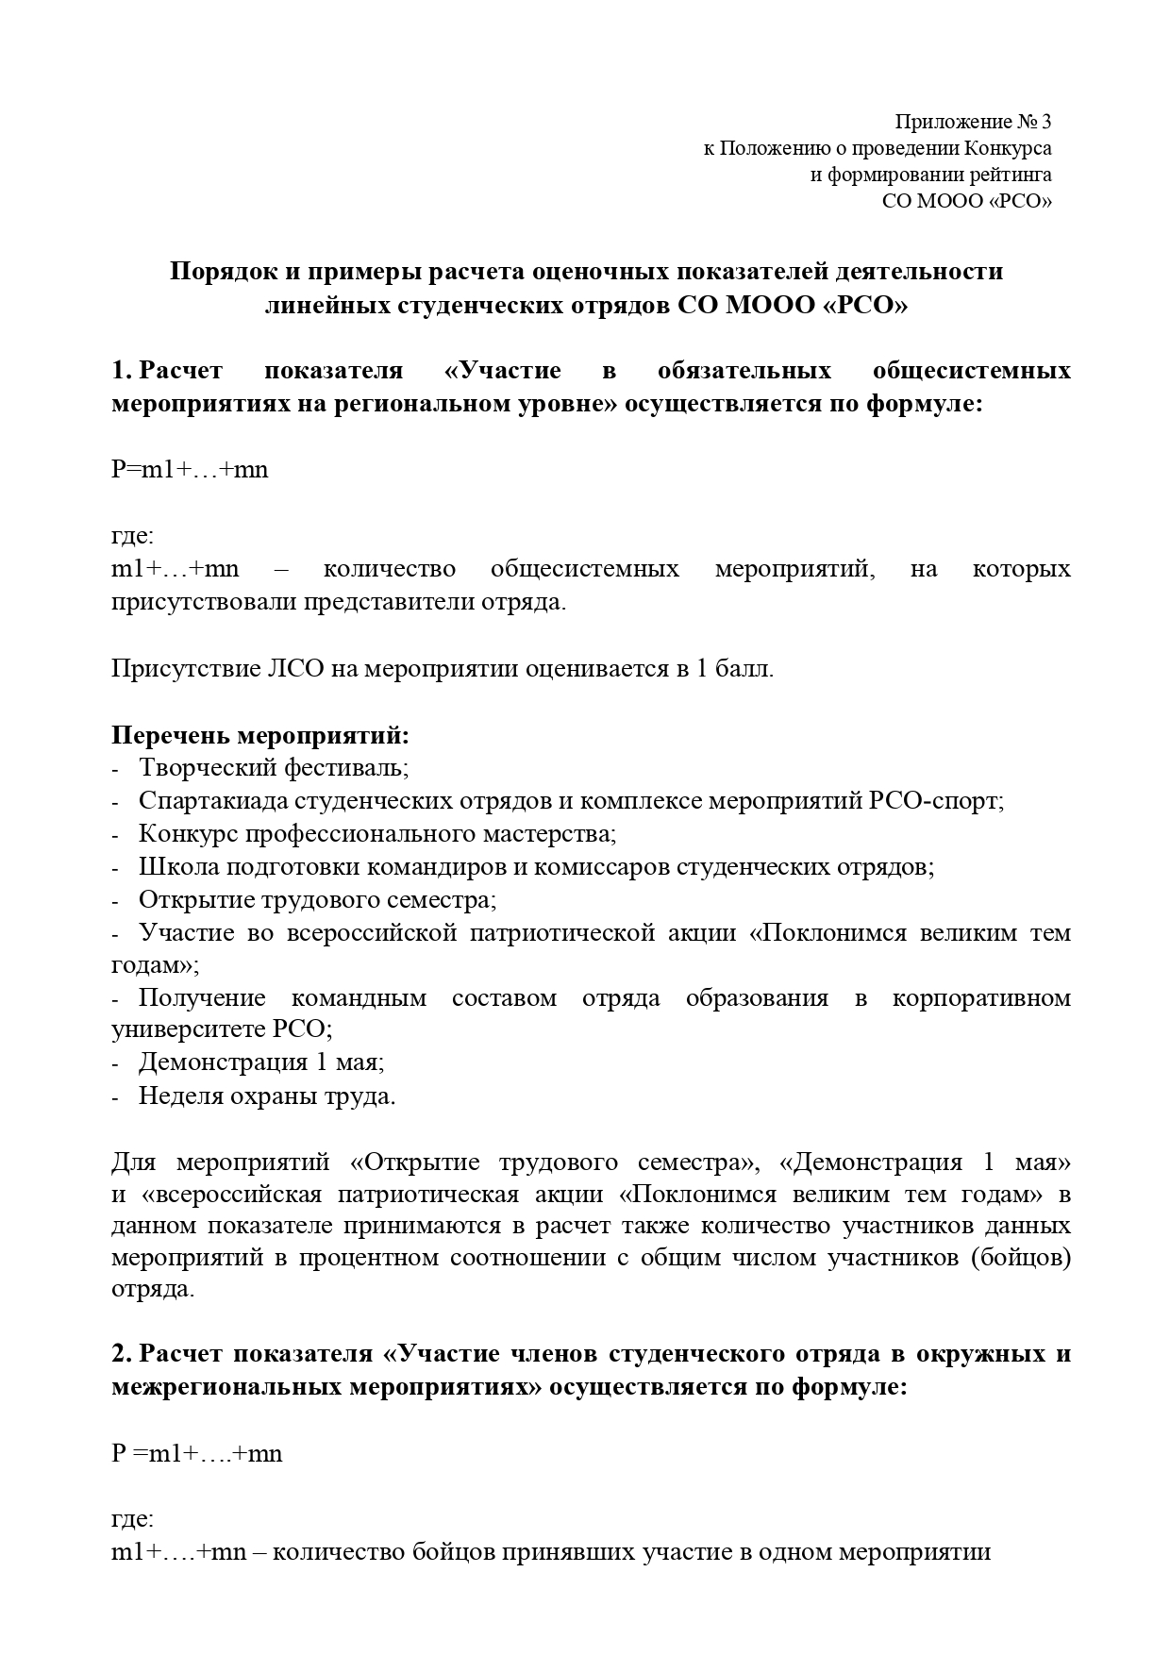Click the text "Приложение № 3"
[x=972, y=122]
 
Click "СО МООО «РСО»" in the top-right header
[x=966, y=201]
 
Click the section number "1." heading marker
[x=121, y=371]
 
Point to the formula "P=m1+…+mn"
[x=190, y=469]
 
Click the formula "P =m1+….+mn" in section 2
[x=196, y=1453]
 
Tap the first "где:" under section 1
[x=132, y=536]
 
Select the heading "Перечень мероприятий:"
[x=260, y=735]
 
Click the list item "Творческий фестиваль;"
[x=274, y=768]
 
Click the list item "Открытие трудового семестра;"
[x=317, y=900]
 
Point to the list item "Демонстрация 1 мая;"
[x=261, y=1062]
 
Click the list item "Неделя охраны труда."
[x=267, y=1096]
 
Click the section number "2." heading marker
[x=122, y=1354]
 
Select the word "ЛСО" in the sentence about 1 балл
[x=290, y=670]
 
